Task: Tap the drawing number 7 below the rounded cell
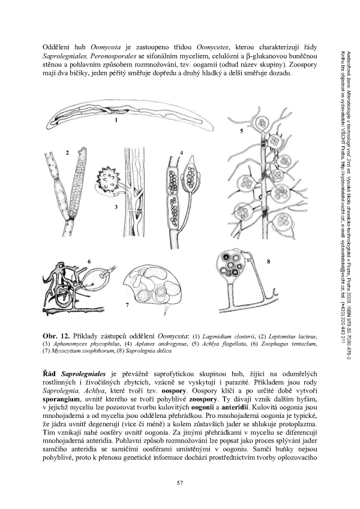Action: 128,306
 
